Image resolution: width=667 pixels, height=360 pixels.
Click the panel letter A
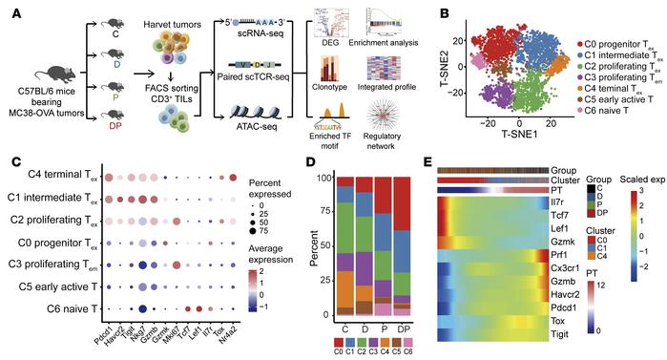[9, 11]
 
